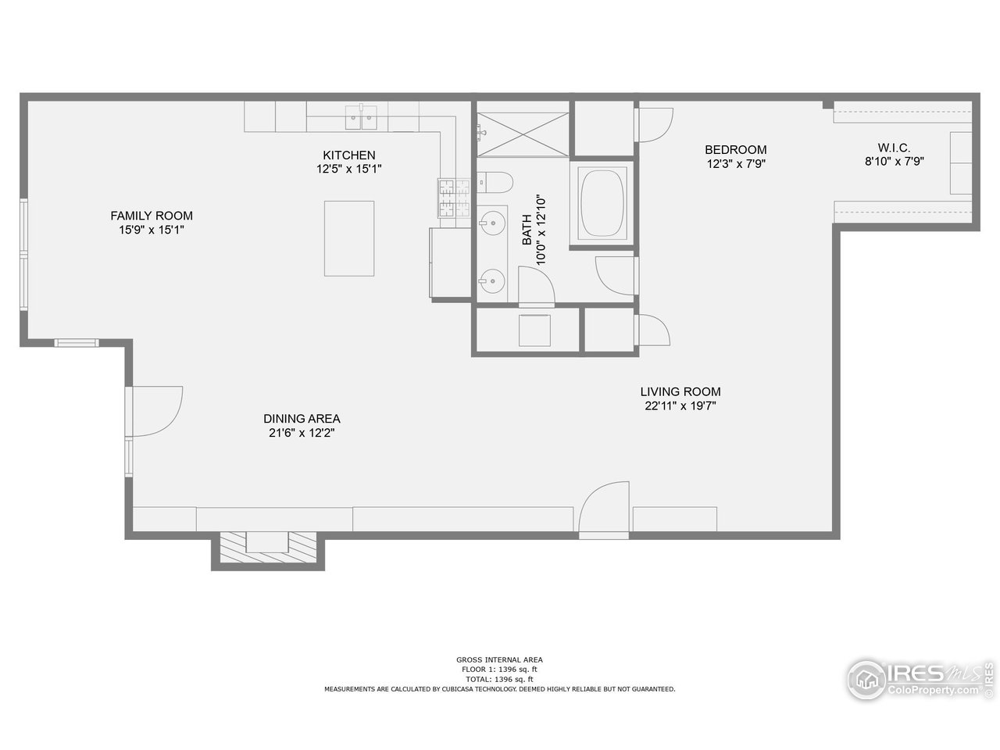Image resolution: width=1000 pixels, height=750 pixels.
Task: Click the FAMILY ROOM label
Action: [x=151, y=216]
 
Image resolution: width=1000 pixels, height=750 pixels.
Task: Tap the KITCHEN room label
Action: [x=349, y=155]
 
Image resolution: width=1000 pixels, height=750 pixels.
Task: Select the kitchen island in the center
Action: [x=349, y=237]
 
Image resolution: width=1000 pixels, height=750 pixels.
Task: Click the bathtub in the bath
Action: [x=602, y=204]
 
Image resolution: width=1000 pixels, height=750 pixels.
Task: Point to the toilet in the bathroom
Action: [x=495, y=183]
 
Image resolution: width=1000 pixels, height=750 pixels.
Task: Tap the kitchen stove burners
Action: [x=447, y=198]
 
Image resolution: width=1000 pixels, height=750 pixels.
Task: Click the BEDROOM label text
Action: [x=735, y=149]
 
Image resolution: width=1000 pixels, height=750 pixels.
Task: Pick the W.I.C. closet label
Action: [x=894, y=148]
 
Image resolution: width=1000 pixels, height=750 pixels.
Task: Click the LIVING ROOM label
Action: [x=680, y=391]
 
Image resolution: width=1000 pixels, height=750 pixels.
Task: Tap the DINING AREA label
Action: [x=302, y=418]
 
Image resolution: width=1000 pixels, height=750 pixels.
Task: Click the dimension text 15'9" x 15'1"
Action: [x=151, y=230]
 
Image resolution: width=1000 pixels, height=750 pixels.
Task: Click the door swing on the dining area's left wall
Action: [x=156, y=410]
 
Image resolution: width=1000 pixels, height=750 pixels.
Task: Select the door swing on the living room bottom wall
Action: [x=605, y=509]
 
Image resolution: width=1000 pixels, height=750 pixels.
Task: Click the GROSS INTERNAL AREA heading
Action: [x=499, y=659]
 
